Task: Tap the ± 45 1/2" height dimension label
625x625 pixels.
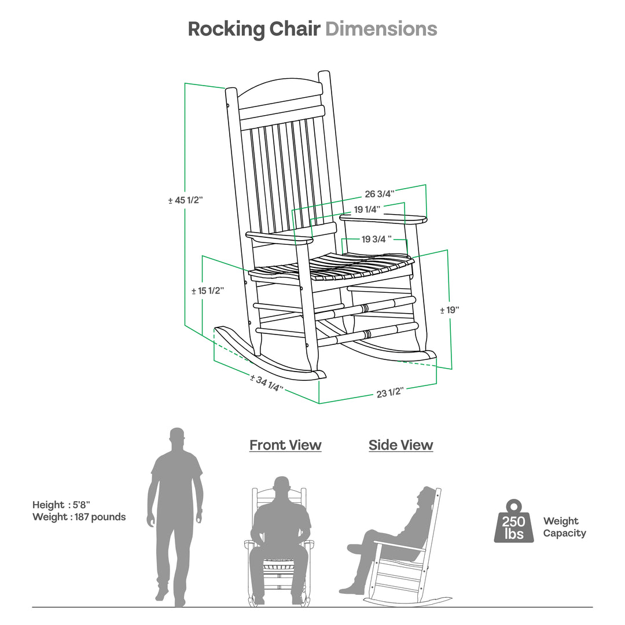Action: tap(185, 200)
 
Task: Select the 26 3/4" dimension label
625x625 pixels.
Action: tap(379, 194)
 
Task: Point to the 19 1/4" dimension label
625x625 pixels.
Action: tap(367, 209)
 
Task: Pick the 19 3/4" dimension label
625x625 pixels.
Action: tap(376, 239)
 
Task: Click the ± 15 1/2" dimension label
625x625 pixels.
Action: tap(207, 291)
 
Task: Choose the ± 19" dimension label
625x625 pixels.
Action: tap(449, 310)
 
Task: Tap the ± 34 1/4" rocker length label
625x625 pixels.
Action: tap(267, 383)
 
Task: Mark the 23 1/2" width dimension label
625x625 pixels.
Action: tap(389, 393)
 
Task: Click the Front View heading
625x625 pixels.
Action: tap(285, 445)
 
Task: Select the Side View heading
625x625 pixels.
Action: tap(400, 445)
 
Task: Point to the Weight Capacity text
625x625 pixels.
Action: tap(564, 527)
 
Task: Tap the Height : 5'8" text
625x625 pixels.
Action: tap(61, 505)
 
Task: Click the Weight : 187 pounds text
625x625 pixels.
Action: tap(79, 517)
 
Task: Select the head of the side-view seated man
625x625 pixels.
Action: tap(426, 496)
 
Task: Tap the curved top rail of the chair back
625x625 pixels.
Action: tap(281, 90)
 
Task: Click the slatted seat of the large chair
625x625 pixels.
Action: tap(341, 266)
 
